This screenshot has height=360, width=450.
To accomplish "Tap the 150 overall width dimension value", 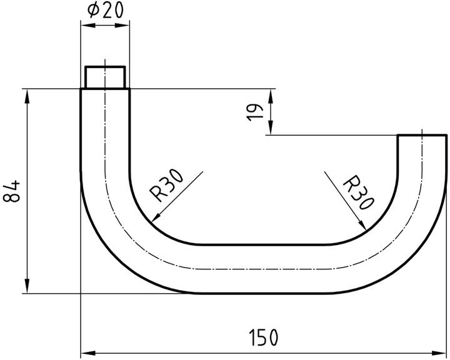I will pyautogui.click(x=264, y=338).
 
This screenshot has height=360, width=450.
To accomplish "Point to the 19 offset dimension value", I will pyautogui.click(x=254, y=112).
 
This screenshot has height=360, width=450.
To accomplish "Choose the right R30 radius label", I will pyautogui.click(x=359, y=192).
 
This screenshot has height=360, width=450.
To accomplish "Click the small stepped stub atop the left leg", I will pyautogui.click(x=106, y=77).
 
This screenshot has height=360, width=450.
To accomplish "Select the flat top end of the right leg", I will pyautogui.click(x=422, y=135).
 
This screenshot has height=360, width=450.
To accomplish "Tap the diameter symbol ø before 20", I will pyautogui.click(x=93, y=11).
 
